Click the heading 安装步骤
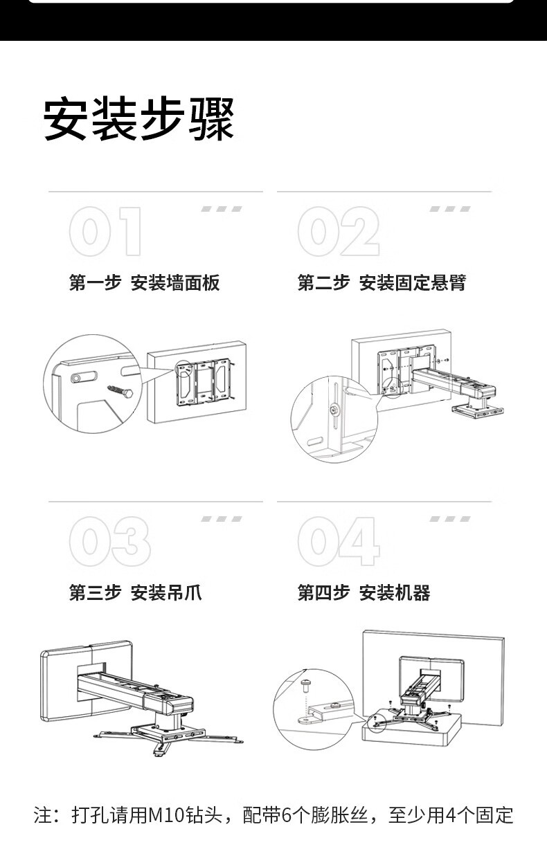click(138, 119)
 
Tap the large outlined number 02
click(338, 232)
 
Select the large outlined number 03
click(109, 542)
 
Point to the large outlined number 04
click(338, 542)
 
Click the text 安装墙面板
click(175, 283)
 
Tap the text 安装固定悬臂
click(413, 283)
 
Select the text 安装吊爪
click(166, 593)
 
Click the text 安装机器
click(395, 593)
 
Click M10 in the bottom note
click(163, 815)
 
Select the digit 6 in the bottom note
click(286, 815)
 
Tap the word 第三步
click(95, 593)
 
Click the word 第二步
click(323, 283)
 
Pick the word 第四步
click(323, 593)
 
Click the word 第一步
click(95, 283)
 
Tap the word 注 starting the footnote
click(42, 815)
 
